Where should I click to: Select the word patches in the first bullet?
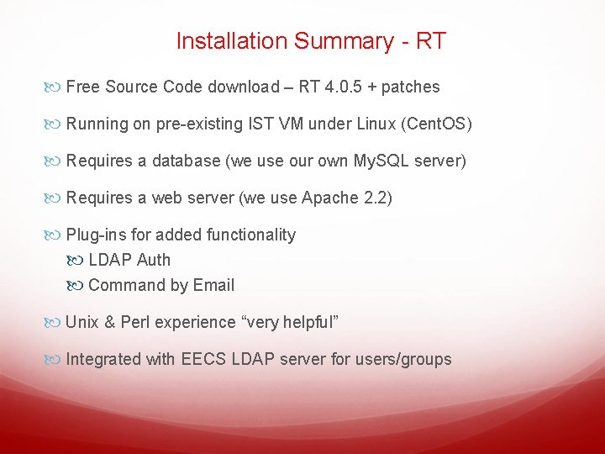click(x=410, y=87)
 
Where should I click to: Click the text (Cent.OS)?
click(x=437, y=124)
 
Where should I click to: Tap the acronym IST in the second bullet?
click(x=262, y=124)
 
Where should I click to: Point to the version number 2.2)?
click(x=377, y=198)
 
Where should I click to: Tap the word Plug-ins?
click(x=96, y=235)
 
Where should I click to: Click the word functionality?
click(x=245, y=235)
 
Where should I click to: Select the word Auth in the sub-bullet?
click(x=153, y=260)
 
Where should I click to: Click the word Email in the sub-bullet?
click(x=213, y=285)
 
